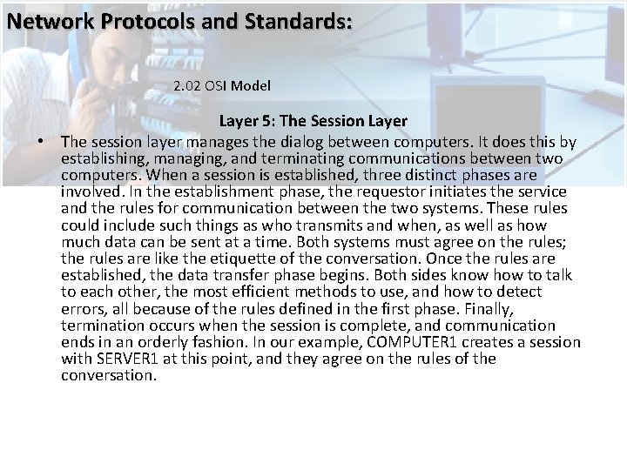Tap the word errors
[x=84, y=307]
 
